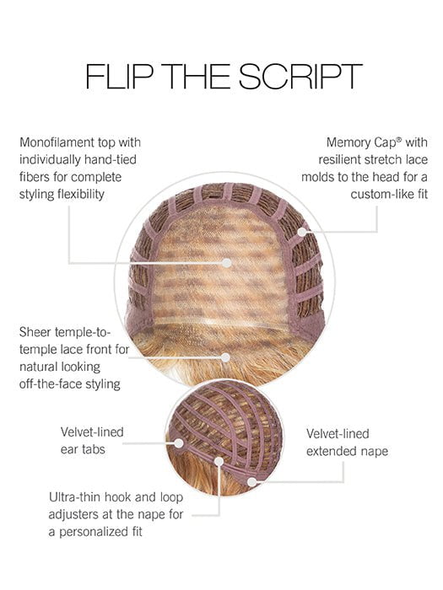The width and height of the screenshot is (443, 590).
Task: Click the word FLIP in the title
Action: click(x=119, y=77)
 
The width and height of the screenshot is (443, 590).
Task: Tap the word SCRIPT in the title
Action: click(x=300, y=77)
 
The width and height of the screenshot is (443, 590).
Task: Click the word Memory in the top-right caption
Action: click(x=348, y=142)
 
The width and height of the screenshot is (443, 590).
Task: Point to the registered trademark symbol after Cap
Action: click(x=399, y=139)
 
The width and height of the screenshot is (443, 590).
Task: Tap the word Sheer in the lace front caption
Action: click(x=35, y=332)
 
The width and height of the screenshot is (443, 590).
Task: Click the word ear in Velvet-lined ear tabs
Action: click(x=69, y=449)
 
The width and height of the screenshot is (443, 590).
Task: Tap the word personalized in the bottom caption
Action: click(x=95, y=532)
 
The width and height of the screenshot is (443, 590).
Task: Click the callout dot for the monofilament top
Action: click(x=227, y=263)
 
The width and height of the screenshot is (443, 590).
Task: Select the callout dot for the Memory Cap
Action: click(x=302, y=232)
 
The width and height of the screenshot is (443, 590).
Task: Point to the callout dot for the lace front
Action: click(x=225, y=357)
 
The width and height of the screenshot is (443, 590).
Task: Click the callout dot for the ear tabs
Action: click(x=179, y=443)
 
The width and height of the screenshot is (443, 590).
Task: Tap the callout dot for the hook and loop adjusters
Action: click(x=219, y=462)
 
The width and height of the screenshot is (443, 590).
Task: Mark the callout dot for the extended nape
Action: click(x=252, y=481)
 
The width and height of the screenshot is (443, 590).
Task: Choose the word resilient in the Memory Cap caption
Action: click(x=341, y=159)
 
